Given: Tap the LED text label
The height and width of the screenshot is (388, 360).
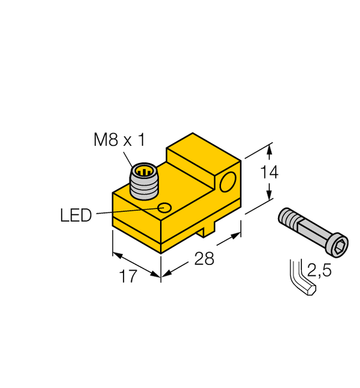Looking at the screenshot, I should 76,215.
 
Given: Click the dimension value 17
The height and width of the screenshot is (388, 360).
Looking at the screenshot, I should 129,277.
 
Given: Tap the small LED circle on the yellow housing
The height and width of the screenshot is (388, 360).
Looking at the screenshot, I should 165,207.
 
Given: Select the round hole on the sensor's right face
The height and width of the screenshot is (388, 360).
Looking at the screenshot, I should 228,183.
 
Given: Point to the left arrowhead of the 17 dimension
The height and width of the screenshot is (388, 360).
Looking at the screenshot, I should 116,252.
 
